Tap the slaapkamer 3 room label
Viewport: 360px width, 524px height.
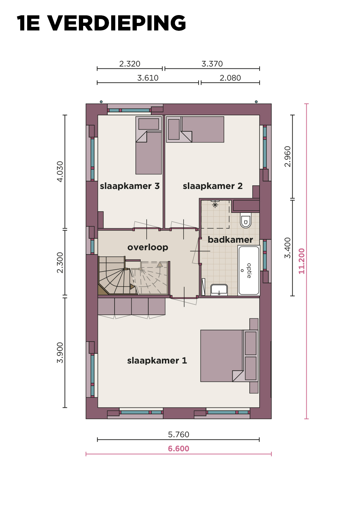point(130,186)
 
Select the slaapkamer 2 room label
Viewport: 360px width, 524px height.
point(213,186)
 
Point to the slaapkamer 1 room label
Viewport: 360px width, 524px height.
point(157,361)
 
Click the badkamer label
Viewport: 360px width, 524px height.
point(230,240)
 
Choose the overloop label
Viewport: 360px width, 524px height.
point(148,247)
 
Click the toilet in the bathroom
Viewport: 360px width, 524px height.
point(246,220)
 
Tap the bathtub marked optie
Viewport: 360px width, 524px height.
point(249,271)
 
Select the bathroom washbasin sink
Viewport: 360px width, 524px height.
point(219,290)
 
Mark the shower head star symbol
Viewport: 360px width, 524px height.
point(215,205)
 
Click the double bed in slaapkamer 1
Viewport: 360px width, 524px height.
point(229,356)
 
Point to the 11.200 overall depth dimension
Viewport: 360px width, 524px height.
point(301,261)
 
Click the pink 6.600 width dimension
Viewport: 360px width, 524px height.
point(179,449)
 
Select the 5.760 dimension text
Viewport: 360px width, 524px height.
point(179,435)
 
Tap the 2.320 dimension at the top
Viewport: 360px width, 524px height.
point(130,64)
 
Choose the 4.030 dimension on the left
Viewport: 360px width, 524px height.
point(60,172)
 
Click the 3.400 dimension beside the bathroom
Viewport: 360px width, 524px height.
point(288,248)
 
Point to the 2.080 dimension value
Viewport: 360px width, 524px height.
point(230,78)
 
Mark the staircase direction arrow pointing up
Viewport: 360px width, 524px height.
point(160,265)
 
